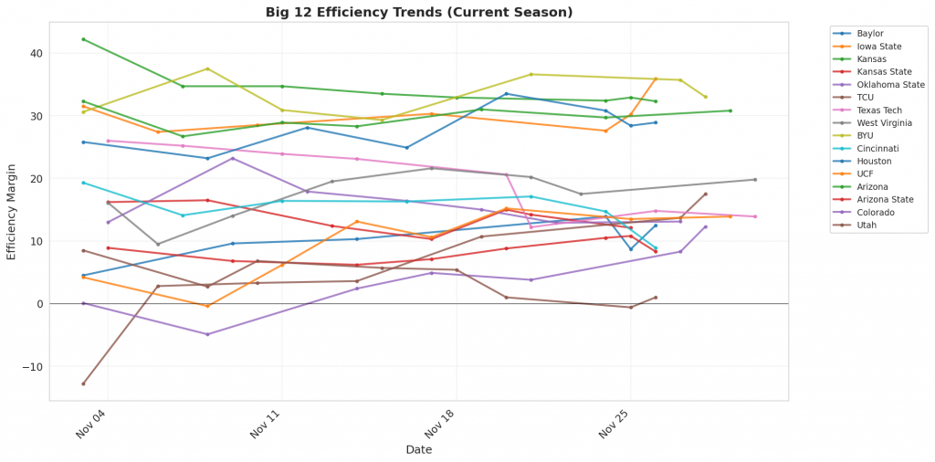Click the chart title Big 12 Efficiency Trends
pos(419,12)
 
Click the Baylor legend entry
pos(870,33)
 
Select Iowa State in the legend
pos(877,46)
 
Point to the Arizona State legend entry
pos(883,199)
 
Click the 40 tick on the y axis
pos(37,53)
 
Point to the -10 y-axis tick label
pos(33,366)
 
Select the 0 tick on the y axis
pos(39,304)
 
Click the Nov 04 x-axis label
pos(92,424)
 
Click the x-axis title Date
pos(419,450)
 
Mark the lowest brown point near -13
pos(83,383)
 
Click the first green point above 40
pos(83,39)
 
